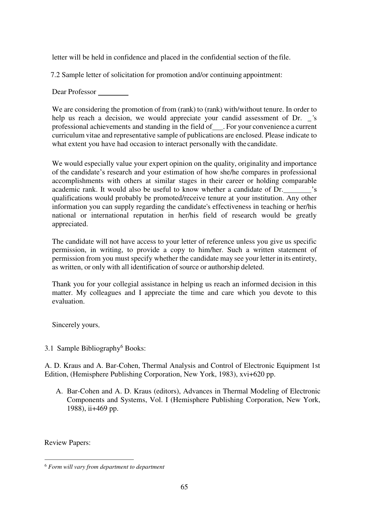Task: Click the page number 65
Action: pos(184,487)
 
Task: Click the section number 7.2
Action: pos(56,75)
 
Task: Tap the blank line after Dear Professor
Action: pos(113,93)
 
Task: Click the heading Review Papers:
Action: pos(67,443)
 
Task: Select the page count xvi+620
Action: pos(252,374)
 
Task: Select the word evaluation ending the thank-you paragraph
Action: pos(68,301)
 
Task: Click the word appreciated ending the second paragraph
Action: pos(70,224)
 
